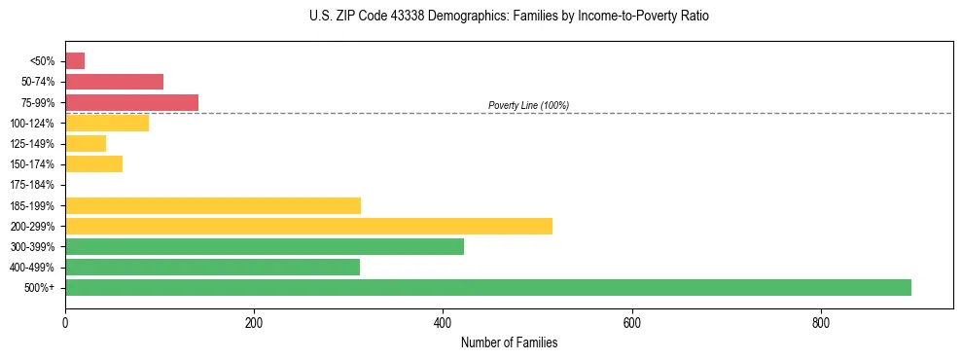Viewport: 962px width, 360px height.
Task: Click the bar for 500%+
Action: click(487, 287)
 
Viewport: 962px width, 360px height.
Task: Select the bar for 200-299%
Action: click(308, 226)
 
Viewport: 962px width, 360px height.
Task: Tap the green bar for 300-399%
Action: click(264, 246)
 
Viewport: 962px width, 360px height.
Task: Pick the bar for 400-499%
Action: click(212, 267)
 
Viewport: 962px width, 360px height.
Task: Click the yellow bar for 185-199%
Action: click(212, 205)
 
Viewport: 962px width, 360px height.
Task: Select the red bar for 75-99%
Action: click(131, 102)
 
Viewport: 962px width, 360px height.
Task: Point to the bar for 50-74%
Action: click(114, 82)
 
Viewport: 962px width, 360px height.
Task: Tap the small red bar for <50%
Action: click(75, 61)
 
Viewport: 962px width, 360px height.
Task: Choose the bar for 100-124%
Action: click(107, 123)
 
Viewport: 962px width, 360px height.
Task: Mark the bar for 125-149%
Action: click(86, 143)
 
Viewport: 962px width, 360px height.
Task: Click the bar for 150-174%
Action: click(93, 163)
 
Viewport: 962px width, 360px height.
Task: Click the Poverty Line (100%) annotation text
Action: click(528, 105)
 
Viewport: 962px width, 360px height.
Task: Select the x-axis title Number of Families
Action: click(509, 342)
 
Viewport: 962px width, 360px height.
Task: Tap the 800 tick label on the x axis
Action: click(821, 322)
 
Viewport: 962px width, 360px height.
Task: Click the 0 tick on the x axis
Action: click(65, 322)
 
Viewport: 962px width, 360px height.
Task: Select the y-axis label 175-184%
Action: click(32, 185)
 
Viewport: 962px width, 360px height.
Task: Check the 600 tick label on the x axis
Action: click(631, 322)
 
